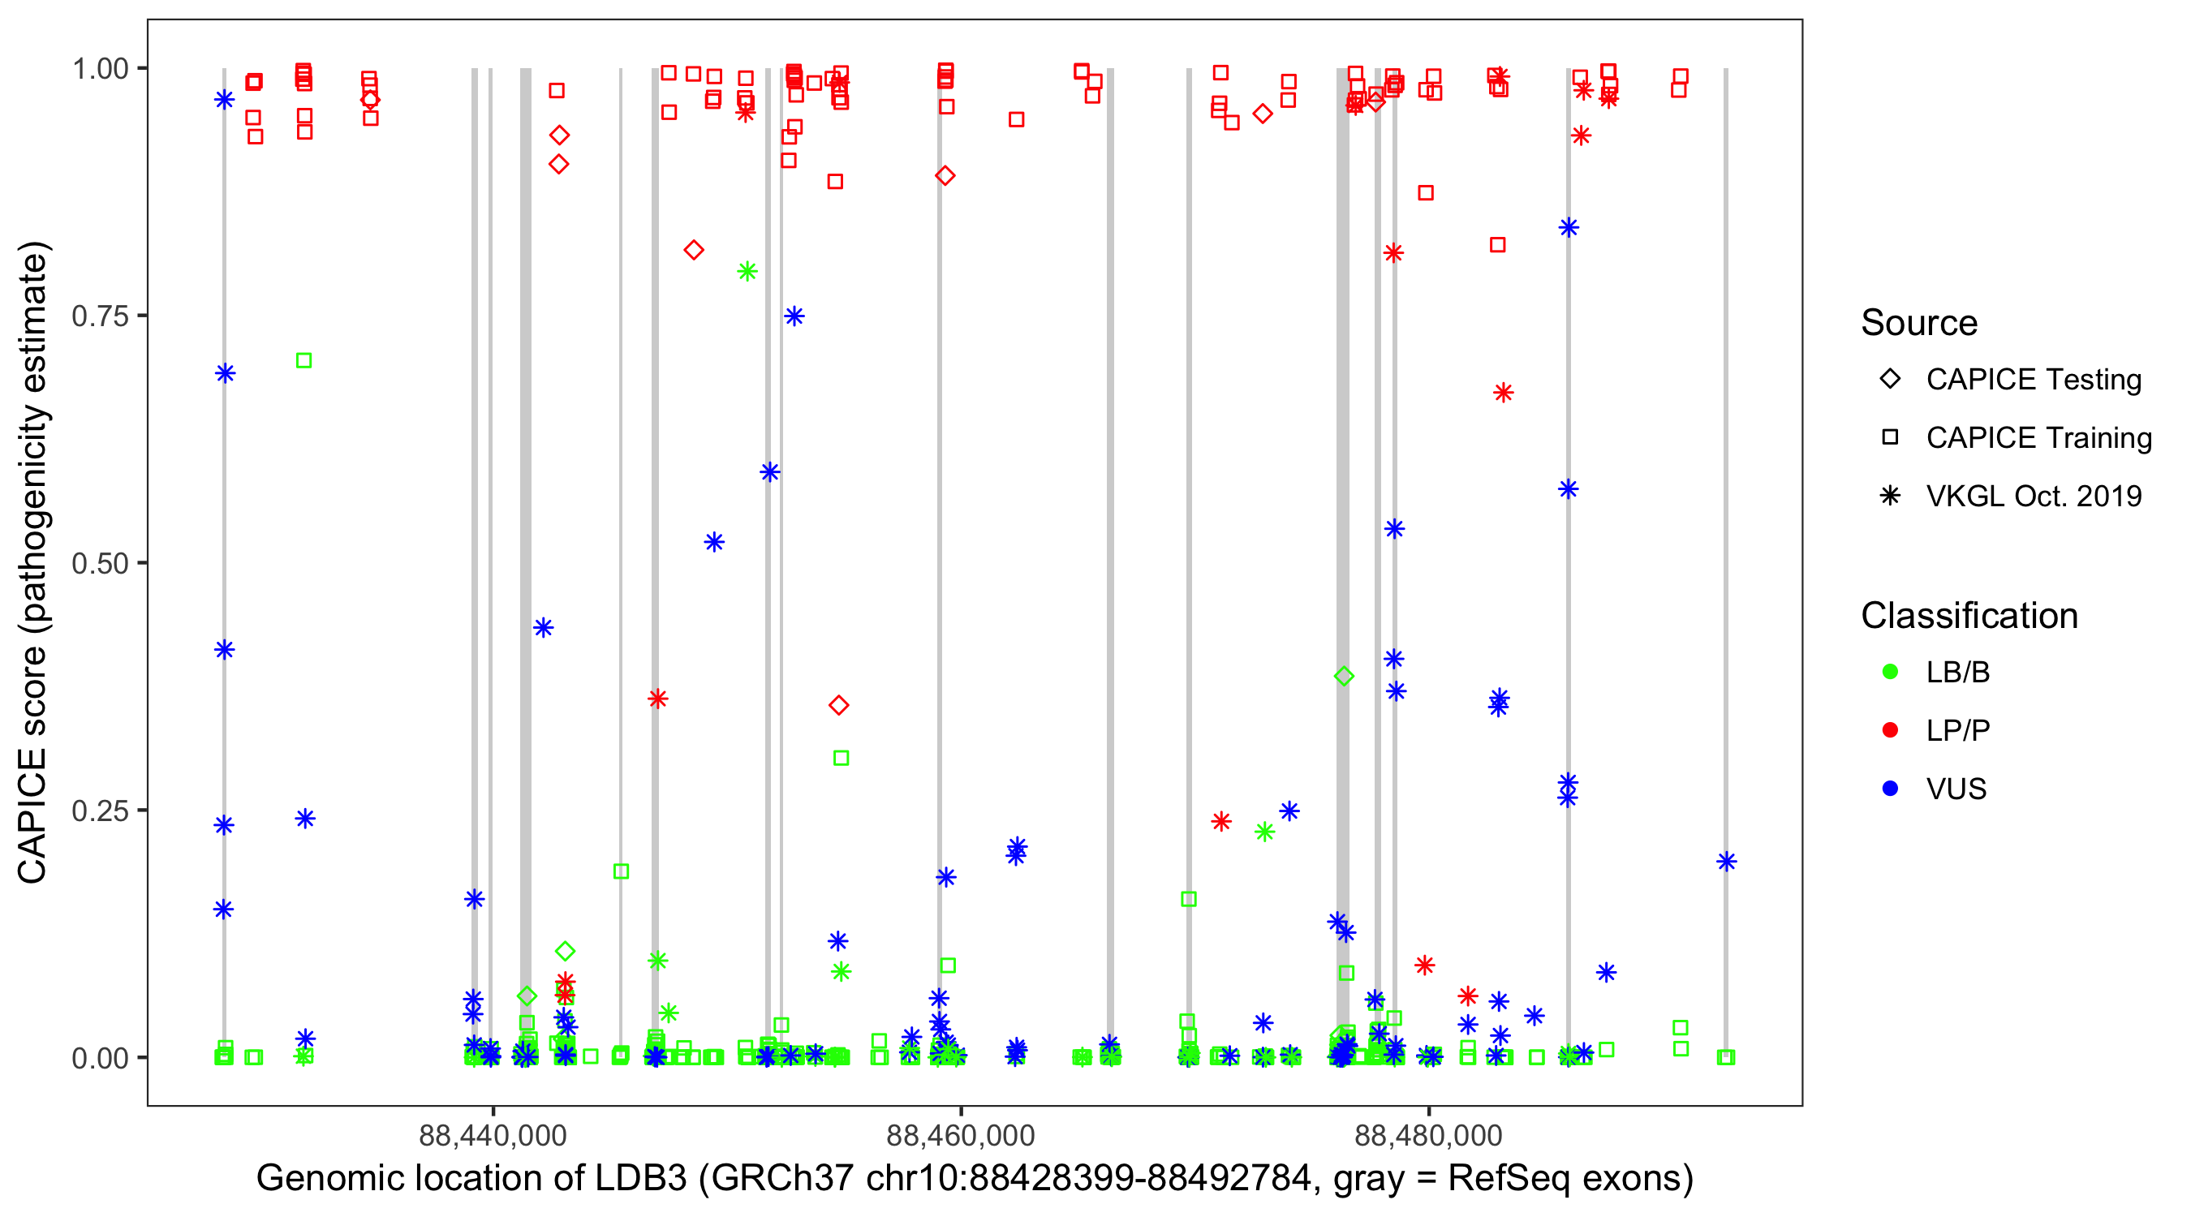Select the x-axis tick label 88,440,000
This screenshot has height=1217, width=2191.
tap(493, 1135)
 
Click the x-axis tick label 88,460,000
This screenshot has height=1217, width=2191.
tap(960, 1135)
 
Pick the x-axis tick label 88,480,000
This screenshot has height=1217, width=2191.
tap(1428, 1135)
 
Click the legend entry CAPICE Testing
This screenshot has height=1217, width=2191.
tap(2033, 380)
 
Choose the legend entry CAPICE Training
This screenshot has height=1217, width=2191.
tap(2038, 438)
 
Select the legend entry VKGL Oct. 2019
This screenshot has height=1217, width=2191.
tap(2033, 496)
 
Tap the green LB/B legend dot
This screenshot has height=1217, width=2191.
tap(1890, 672)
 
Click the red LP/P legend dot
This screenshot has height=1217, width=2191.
tap(1890, 730)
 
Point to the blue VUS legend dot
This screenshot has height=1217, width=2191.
tap(1890, 789)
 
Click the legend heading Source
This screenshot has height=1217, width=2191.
tap(1919, 323)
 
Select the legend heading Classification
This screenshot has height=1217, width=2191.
tap(1969, 616)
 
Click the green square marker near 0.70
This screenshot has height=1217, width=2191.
tap(303, 360)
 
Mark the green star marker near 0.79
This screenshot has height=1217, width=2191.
tap(747, 271)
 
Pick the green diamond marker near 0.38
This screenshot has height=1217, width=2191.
tap(1344, 676)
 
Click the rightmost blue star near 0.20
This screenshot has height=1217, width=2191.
tap(1726, 862)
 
